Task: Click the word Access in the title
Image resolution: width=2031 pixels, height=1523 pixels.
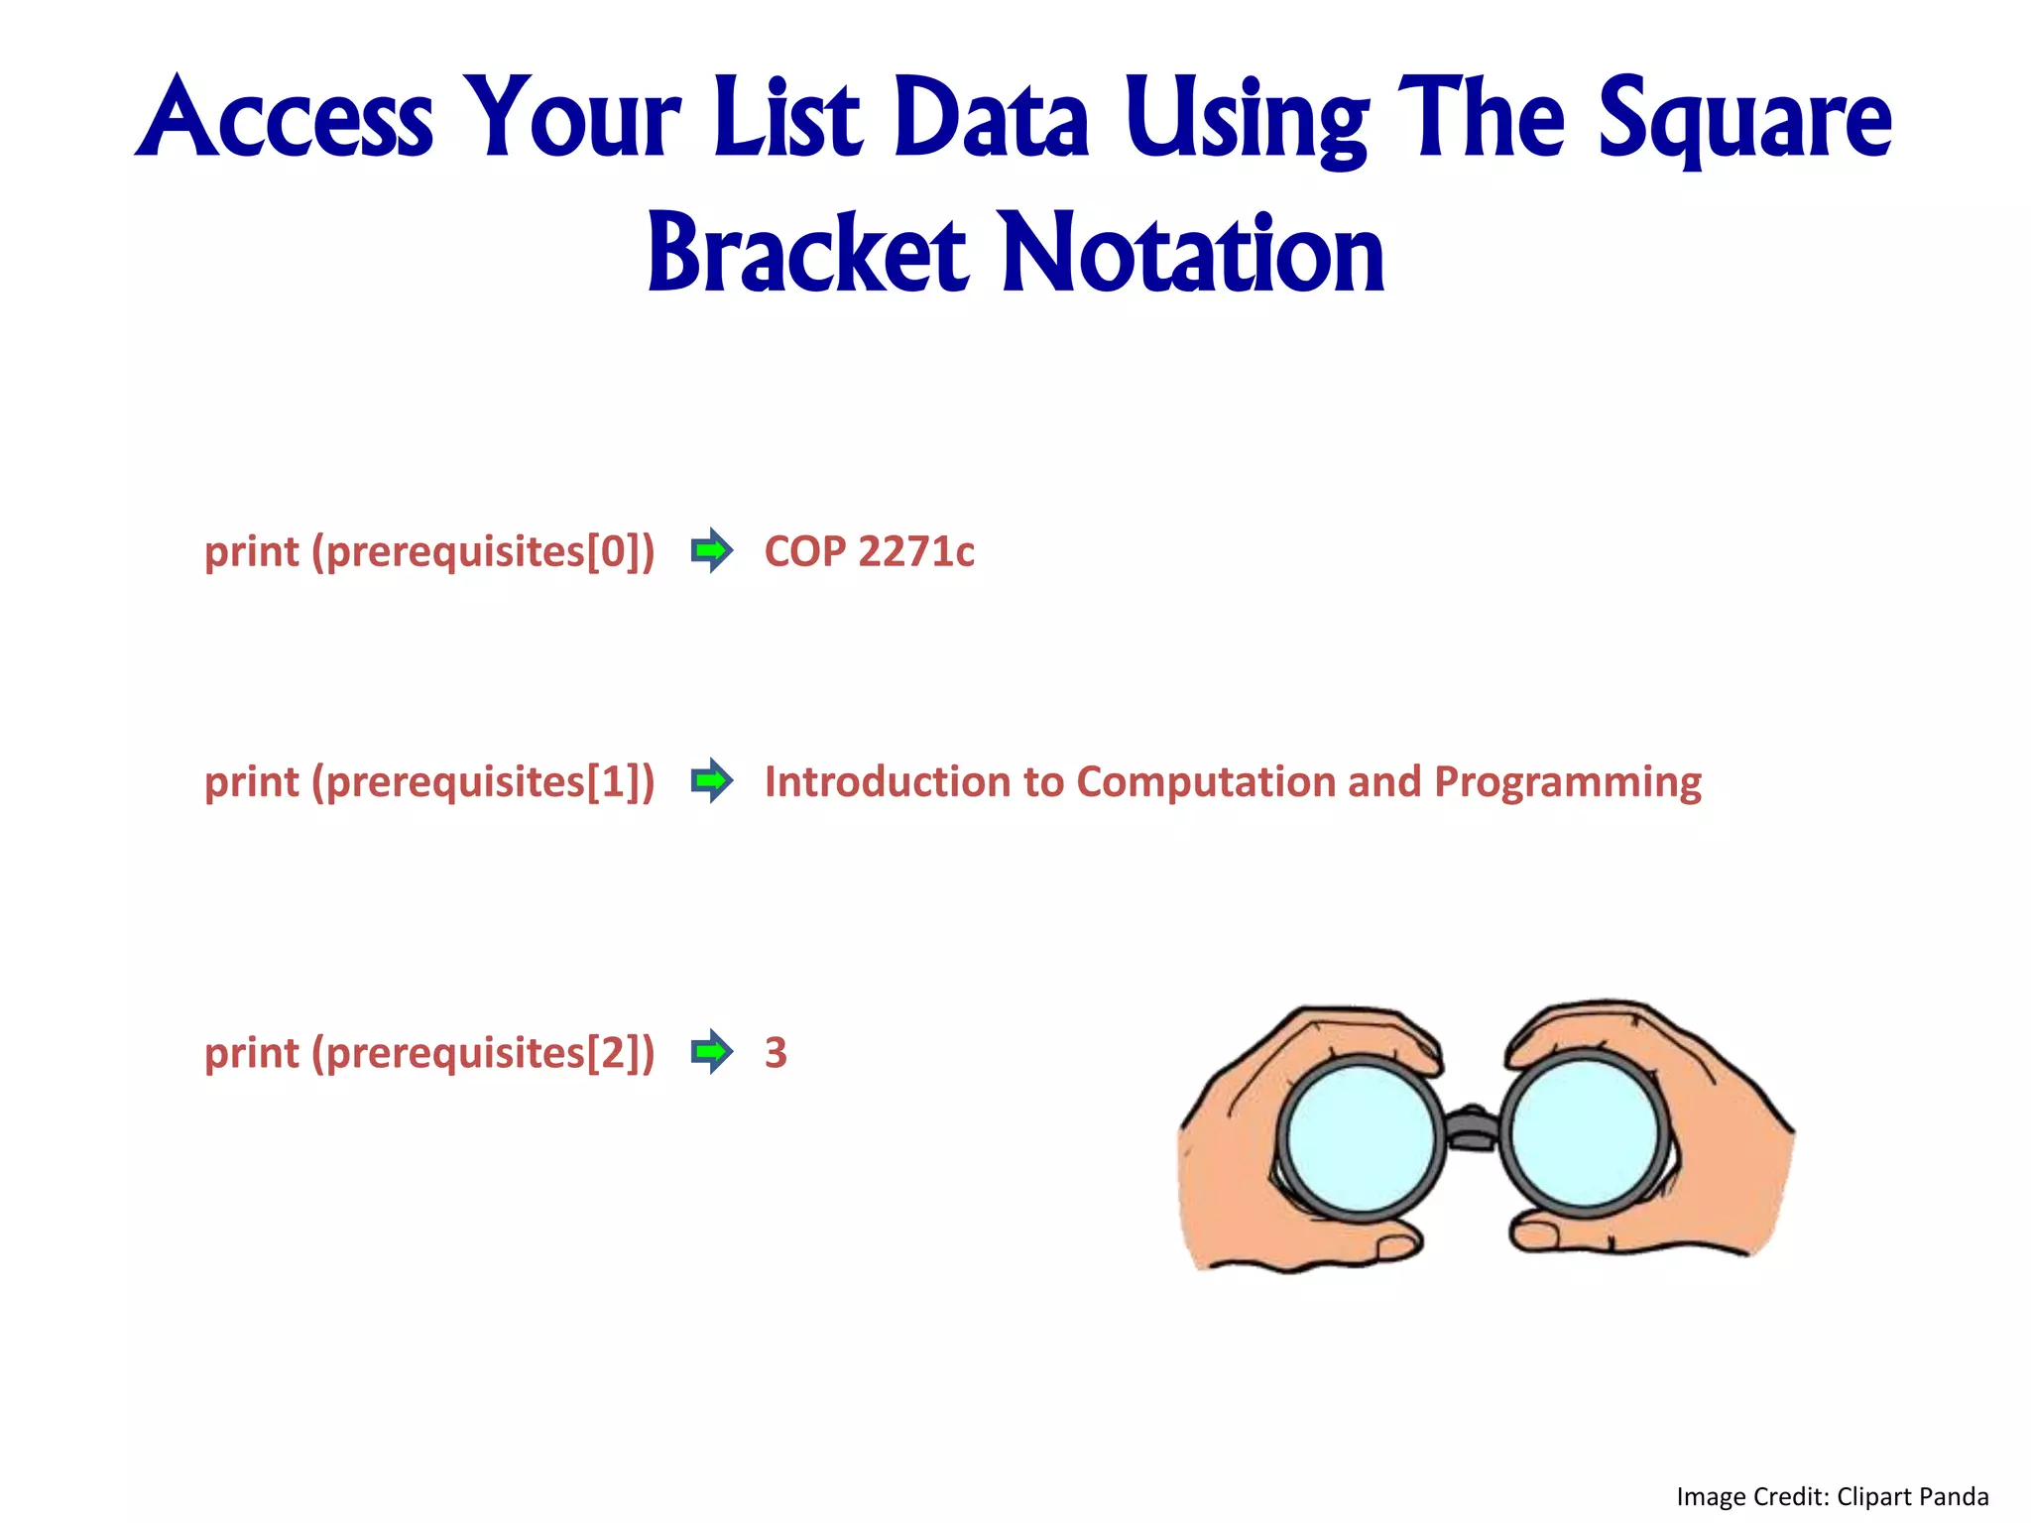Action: click(285, 119)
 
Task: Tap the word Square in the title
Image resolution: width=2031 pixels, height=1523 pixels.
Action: click(1744, 119)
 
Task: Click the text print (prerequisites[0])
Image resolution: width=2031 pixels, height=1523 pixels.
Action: click(429, 552)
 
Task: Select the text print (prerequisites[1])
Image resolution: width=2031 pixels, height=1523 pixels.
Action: click(429, 782)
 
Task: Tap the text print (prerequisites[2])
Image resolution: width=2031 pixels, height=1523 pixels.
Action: click(429, 1053)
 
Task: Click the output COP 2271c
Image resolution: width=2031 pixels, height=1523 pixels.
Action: click(869, 552)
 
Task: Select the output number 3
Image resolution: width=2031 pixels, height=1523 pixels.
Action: click(776, 1053)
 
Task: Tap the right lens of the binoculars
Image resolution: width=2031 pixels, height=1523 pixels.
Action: click(1584, 1134)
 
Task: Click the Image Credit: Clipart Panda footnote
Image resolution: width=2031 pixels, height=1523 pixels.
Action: click(1832, 1496)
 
